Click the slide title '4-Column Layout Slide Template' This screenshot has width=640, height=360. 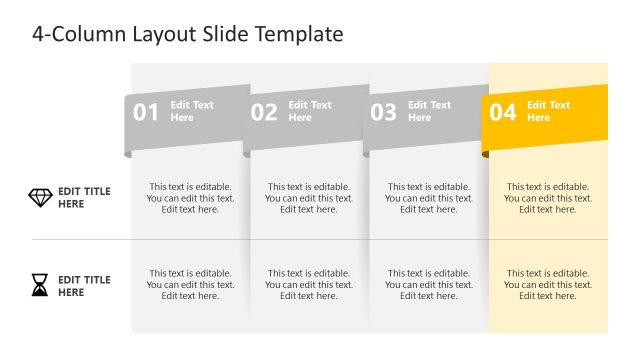pyautogui.click(x=188, y=34)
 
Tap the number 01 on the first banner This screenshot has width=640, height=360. pyautogui.click(x=146, y=112)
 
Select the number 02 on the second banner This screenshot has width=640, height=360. pyautogui.click(x=264, y=112)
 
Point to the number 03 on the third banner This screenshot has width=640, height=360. pyautogui.click(x=384, y=112)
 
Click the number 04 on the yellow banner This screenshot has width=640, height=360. pyautogui.click(x=502, y=112)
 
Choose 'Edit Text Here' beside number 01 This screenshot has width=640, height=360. pyautogui.click(x=192, y=111)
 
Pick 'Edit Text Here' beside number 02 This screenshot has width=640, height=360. pyautogui.click(x=310, y=111)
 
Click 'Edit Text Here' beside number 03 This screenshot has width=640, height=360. pyautogui.click(x=429, y=111)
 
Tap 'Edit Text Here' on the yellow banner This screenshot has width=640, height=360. pyautogui.click(x=548, y=111)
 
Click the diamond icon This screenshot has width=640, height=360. pyautogui.click(x=40, y=198)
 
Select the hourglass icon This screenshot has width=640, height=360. pyautogui.click(x=39, y=287)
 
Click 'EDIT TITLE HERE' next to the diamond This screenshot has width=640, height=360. pyautogui.click(x=84, y=198)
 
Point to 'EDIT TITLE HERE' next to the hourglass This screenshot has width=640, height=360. pyautogui.click(x=84, y=286)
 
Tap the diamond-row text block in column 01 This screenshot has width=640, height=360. pyautogui.click(x=190, y=198)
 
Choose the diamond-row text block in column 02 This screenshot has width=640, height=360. pyautogui.click(x=309, y=198)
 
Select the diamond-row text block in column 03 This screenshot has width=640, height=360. pyautogui.click(x=428, y=198)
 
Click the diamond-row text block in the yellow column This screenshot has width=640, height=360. pyautogui.click(x=547, y=198)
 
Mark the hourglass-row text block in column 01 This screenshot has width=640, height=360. pyautogui.click(x=190, y=284)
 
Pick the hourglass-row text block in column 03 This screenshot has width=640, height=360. pyautogui.click(x=428, y=284)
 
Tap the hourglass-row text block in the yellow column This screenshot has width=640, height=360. pyautogui.click(x=547, y=284)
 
